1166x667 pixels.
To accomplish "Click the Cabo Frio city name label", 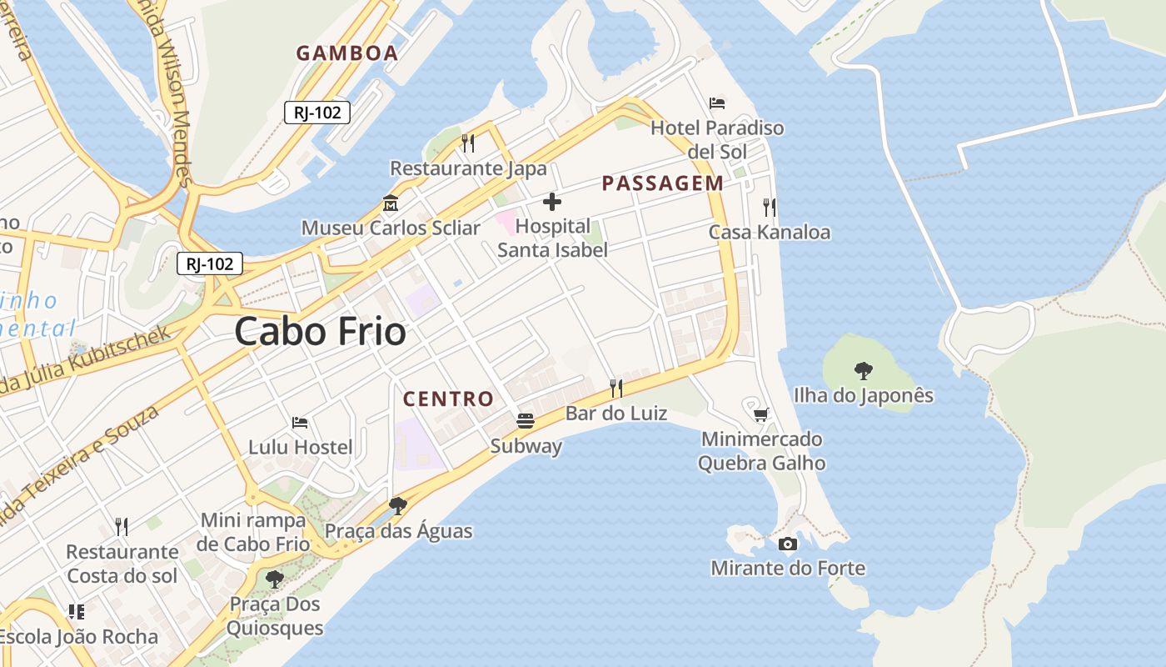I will click(320, 332).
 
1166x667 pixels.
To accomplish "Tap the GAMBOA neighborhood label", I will click(347, 53).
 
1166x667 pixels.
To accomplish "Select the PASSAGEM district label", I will click(663, 183).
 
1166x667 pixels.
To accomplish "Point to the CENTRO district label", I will click(449, 399).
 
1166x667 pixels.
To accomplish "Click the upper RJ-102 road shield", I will click(317, 113).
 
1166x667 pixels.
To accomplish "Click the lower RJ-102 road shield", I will click(210, 264).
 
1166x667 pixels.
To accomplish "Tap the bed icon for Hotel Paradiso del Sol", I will click(717, 103).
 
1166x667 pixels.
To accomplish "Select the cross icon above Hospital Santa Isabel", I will click(551, 202).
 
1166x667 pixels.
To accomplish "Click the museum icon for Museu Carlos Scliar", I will click(390, 203).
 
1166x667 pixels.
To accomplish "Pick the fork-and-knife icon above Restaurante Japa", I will click(468, 143).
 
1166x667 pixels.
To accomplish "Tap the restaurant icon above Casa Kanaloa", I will click(769, 207).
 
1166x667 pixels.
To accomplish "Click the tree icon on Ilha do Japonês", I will click(864, 370).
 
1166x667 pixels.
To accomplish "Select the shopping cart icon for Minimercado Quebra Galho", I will click(760, 414).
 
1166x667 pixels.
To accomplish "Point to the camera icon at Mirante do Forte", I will click(787, 544).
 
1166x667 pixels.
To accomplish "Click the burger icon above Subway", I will click(525, 421).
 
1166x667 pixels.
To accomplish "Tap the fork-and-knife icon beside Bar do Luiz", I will click(616, 388).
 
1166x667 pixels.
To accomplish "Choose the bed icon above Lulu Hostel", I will click(300, 423).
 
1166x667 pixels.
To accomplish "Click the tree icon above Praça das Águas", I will click(398, 506).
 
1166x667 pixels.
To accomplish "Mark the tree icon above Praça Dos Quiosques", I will click(274, 579).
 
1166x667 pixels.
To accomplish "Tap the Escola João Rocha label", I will click(79, 637).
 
